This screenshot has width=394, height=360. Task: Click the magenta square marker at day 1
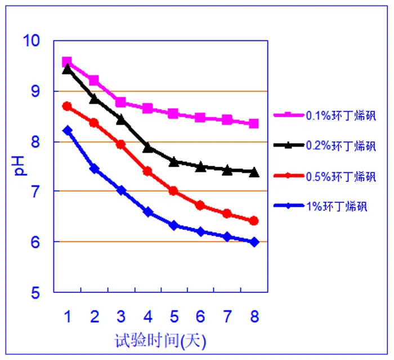67,62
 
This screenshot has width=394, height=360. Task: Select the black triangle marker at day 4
147,148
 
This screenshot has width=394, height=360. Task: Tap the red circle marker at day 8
254,221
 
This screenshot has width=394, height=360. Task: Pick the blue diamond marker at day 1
67,131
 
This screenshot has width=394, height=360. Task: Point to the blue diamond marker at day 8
254,242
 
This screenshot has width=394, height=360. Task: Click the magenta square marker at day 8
254,123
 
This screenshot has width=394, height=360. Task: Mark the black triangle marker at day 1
67,69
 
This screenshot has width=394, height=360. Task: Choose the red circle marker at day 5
174,191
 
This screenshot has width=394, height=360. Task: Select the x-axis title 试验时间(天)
161,340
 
